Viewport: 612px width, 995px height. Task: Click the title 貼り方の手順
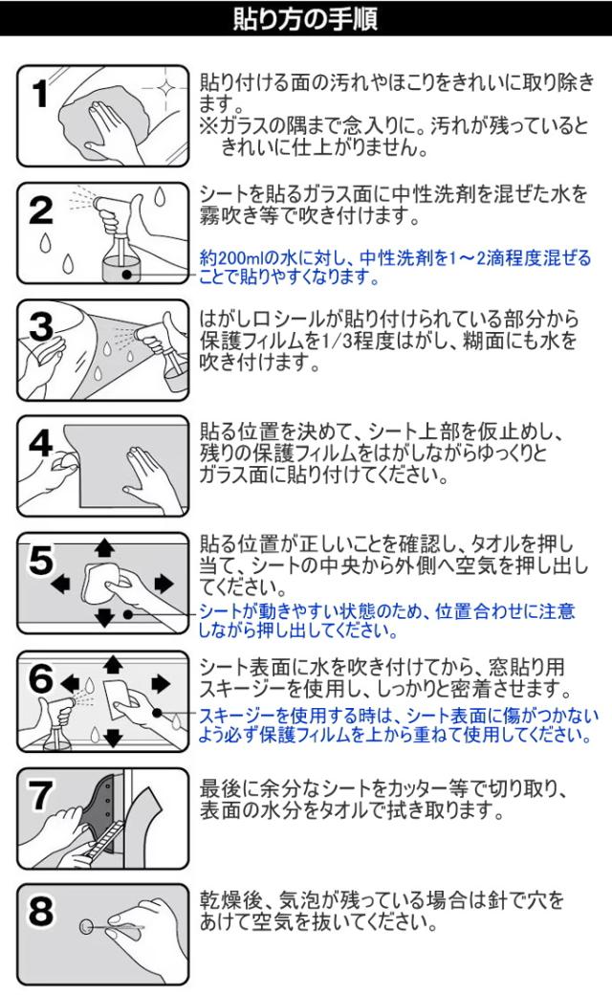click(x=305, y=18)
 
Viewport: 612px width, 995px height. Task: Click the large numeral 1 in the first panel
click(x=40, y=94)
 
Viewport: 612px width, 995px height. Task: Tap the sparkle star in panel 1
click(x=166, y=88)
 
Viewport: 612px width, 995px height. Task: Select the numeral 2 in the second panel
click(x=41, y=210)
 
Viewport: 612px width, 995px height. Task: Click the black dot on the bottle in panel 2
click(x=127, y=275)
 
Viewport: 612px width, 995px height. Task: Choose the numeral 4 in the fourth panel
click(x=41, y=443)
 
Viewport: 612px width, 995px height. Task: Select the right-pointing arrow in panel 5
click(x=164, y=584)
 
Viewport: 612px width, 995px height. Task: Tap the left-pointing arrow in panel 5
click(x=60, y=584)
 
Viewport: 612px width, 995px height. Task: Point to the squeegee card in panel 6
click(x=121, y=697)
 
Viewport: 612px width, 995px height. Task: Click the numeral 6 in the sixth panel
click(x=41, y=678)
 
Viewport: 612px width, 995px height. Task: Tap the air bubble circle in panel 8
click(x=86, y=928)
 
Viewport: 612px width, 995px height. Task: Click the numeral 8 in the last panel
click(x=41, y=912)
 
